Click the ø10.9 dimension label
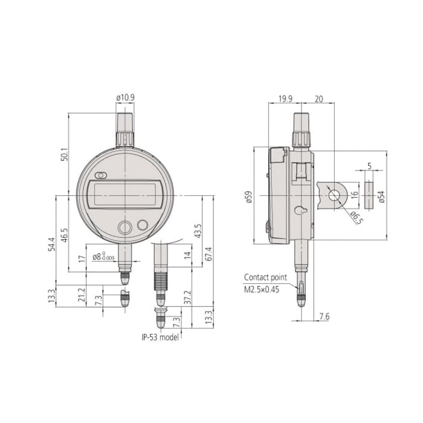pyautogui.click(x=126, y=97)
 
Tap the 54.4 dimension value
pyautogui.click(x=51, y=244)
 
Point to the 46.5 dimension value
pyautogui.click(x=65, y=235)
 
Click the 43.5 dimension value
pyautogui.click(x=198, y=231)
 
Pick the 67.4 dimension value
pyautogui.click(x=209, y=254)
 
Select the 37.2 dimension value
pyautogui.click(x=188, y=297)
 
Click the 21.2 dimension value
pyautogui.click(x=82, y=295)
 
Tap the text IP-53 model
pyautogui.click(x=160, y=337)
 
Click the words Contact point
pyautogui.click(x=265, y=277)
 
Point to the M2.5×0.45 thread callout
pyautogui.click(x=262, y=289)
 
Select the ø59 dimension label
pyautogui.click(x=249, y=197)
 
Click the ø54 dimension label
pyautogui.click(x=381, y=197)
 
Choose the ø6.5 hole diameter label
pyautogui.click(x=357, y=218)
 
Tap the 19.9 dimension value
pyautogui.click(x=285, y=98)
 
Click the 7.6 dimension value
pyautogui.click(x=324, y=317)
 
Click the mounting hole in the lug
pyautogui.click(x=334, y=195)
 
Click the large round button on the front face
pyautogui.click(x=124, y=227)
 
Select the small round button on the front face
pyautogui.click(x=143, y=225)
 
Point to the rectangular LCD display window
pyautogui.click(x=125, y=194)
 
